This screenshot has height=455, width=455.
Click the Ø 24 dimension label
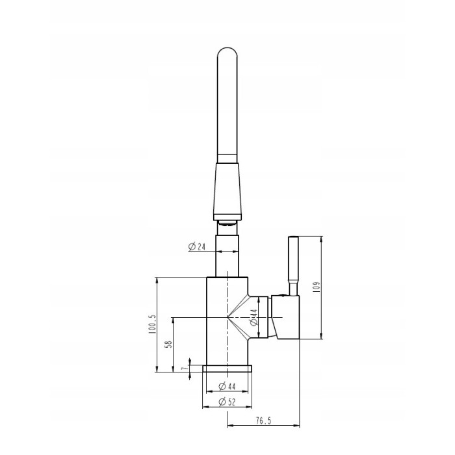coord(197,246)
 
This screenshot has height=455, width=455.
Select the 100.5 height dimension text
coord(152,324)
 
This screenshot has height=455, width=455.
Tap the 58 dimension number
coord(168,344)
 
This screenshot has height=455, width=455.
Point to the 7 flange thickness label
coord(183,369)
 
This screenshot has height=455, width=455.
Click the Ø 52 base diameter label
coord(227,402)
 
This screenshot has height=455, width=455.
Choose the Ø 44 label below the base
coord(227,386)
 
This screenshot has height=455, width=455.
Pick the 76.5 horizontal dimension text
coord(263,421)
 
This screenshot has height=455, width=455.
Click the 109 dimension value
coord(317,287)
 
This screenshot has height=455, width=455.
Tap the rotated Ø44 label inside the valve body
coord(254,317)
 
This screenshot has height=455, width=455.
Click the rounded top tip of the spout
coord(227,48)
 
